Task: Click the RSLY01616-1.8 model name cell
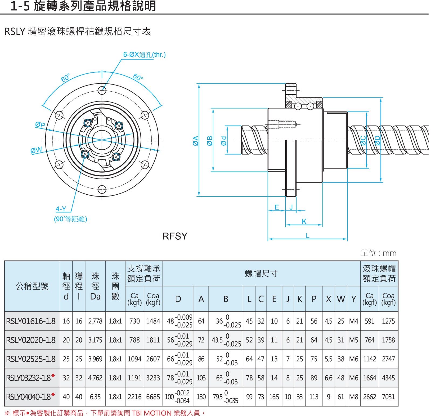coord(31,321)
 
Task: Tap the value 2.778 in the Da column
coord(95,321)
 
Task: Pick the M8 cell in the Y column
coord(354,397)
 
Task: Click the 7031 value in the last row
coord(388,397)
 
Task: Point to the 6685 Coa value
coord(153,397)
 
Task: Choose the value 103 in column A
coord(201,378)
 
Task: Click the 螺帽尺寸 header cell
coord(261,274)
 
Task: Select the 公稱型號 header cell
coord(32,286)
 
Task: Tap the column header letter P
coord(314,299)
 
